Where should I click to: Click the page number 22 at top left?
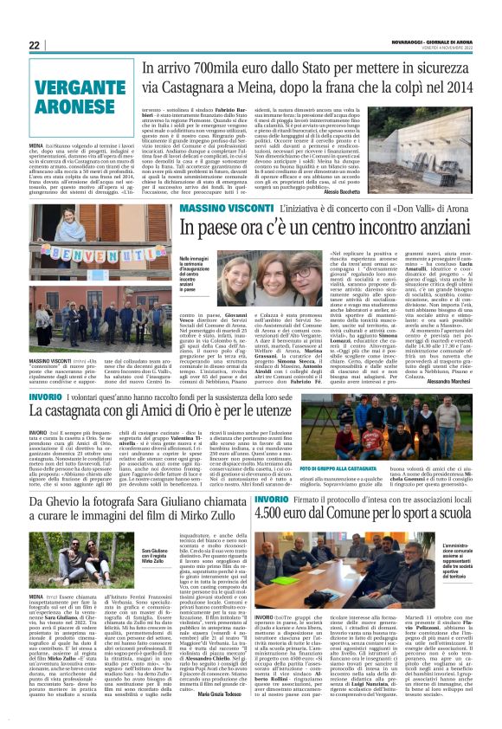coord(35,45)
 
